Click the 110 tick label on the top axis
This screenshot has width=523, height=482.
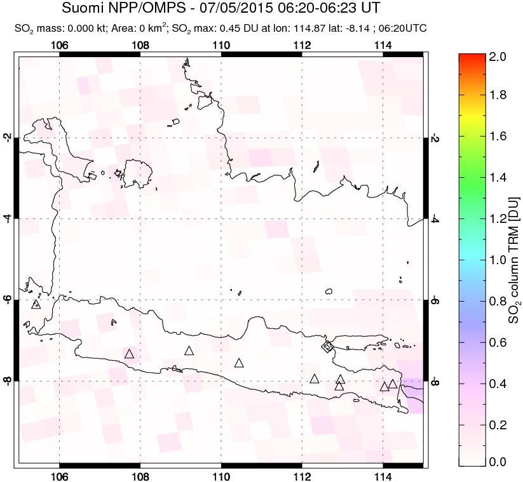pos(221,45)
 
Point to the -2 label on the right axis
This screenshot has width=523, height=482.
pos(435,137)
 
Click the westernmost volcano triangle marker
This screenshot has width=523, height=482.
pos(36,304)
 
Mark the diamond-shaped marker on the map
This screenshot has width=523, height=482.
pos(327,346)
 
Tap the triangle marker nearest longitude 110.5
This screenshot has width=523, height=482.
pos(239,363)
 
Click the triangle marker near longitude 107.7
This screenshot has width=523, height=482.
pos(130,354)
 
